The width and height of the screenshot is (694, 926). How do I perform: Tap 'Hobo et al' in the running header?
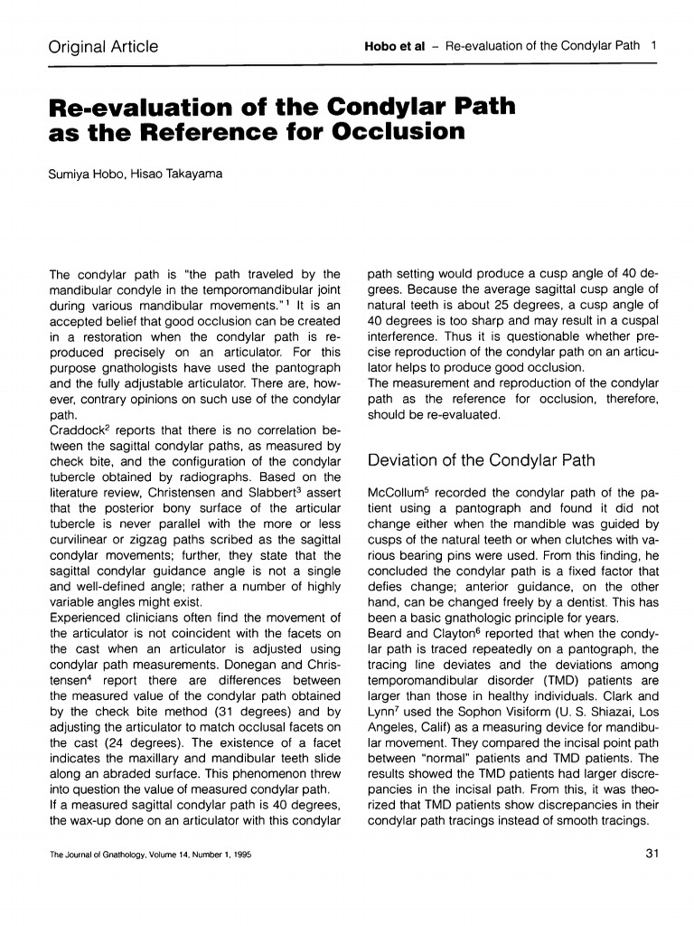[x=394, y=47]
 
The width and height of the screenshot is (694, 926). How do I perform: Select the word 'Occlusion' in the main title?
[x=399, y=132]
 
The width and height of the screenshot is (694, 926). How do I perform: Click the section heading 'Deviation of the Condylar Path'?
[x=481, y=460]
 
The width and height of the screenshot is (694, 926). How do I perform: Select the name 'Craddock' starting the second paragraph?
[x=80, y=431]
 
